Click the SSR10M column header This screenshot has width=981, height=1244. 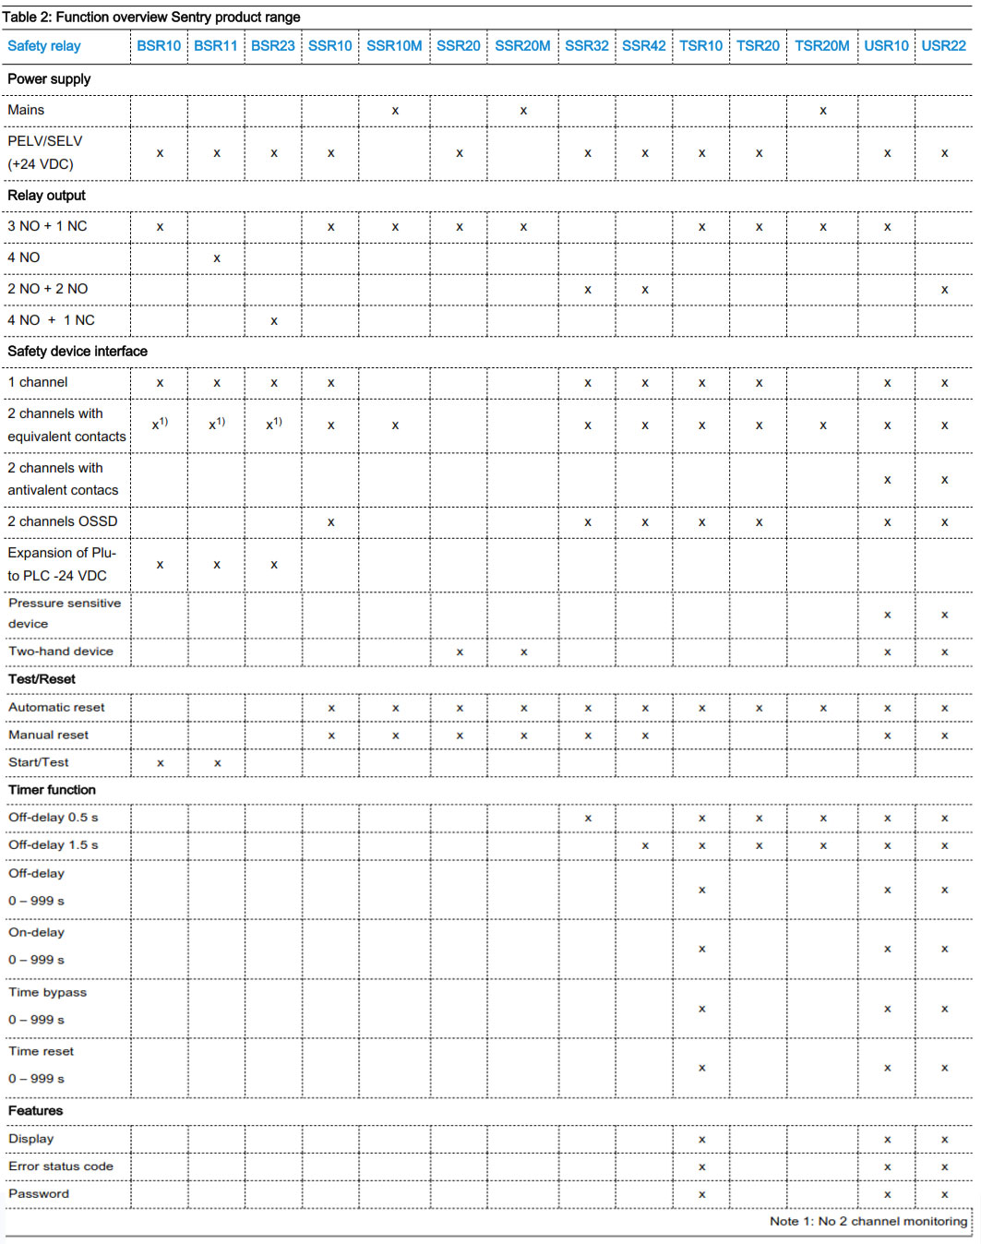[394, 46]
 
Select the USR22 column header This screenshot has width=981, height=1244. [943, 46]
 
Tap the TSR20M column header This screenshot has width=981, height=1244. [821, 46]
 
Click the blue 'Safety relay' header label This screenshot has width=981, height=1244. [44, 46]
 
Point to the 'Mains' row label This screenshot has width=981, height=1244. [26, 110]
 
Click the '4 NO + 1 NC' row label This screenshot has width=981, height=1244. [51, 320]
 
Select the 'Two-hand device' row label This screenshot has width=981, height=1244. [61, 652]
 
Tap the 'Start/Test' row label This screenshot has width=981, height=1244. [39, 762]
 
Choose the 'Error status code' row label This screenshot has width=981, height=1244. [61, 1166]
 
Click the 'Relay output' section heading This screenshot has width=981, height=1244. [46, 196]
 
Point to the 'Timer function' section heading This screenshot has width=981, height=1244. [52, 790]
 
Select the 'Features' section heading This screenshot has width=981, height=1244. [36, 1111]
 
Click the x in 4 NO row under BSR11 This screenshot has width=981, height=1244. [217, 258]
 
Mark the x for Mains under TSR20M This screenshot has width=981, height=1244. [822, 111]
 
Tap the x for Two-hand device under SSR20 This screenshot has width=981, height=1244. [459, 652]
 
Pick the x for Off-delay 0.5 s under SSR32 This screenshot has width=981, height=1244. [587, 819]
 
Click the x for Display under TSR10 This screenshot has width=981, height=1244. [701, 1140]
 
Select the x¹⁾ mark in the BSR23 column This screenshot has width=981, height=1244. [273, 425]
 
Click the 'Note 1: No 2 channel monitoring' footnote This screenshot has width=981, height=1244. [868, 1221]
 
